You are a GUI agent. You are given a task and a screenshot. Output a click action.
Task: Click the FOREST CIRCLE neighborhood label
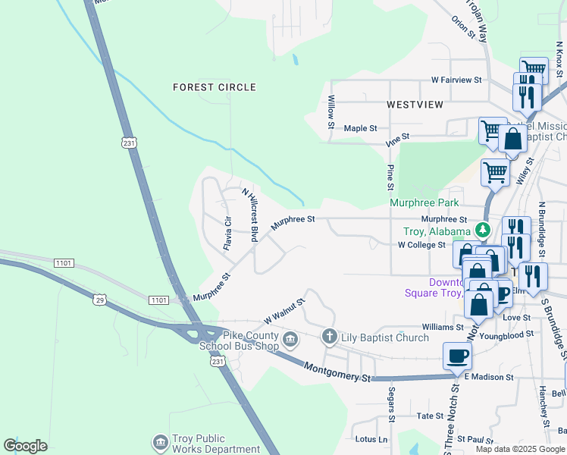click(x=215, y=87)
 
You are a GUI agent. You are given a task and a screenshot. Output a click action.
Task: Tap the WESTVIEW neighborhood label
click(x=415, y=105)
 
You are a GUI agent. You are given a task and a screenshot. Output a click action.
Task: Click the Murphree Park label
click(x=424, y=203)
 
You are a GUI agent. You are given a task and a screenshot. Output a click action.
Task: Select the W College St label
click(x=421, y=245)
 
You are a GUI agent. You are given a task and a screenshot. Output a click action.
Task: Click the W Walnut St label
click(x=284, y=309)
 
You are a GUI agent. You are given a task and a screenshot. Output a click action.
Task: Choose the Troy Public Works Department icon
click(x=159, y=442)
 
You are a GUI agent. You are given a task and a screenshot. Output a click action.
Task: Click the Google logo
click(x=26, y=446)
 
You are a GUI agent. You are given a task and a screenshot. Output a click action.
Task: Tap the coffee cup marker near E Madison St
click(x=458, y=356)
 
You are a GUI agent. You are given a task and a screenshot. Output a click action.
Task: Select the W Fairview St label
click(x=456, y=80)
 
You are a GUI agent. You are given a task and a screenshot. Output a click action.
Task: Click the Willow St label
click(x=331, y=111)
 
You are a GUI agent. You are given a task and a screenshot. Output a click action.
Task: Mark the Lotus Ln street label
click(x=371, y=439)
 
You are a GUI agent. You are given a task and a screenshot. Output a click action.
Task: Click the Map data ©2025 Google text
click(x=520, y=449)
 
